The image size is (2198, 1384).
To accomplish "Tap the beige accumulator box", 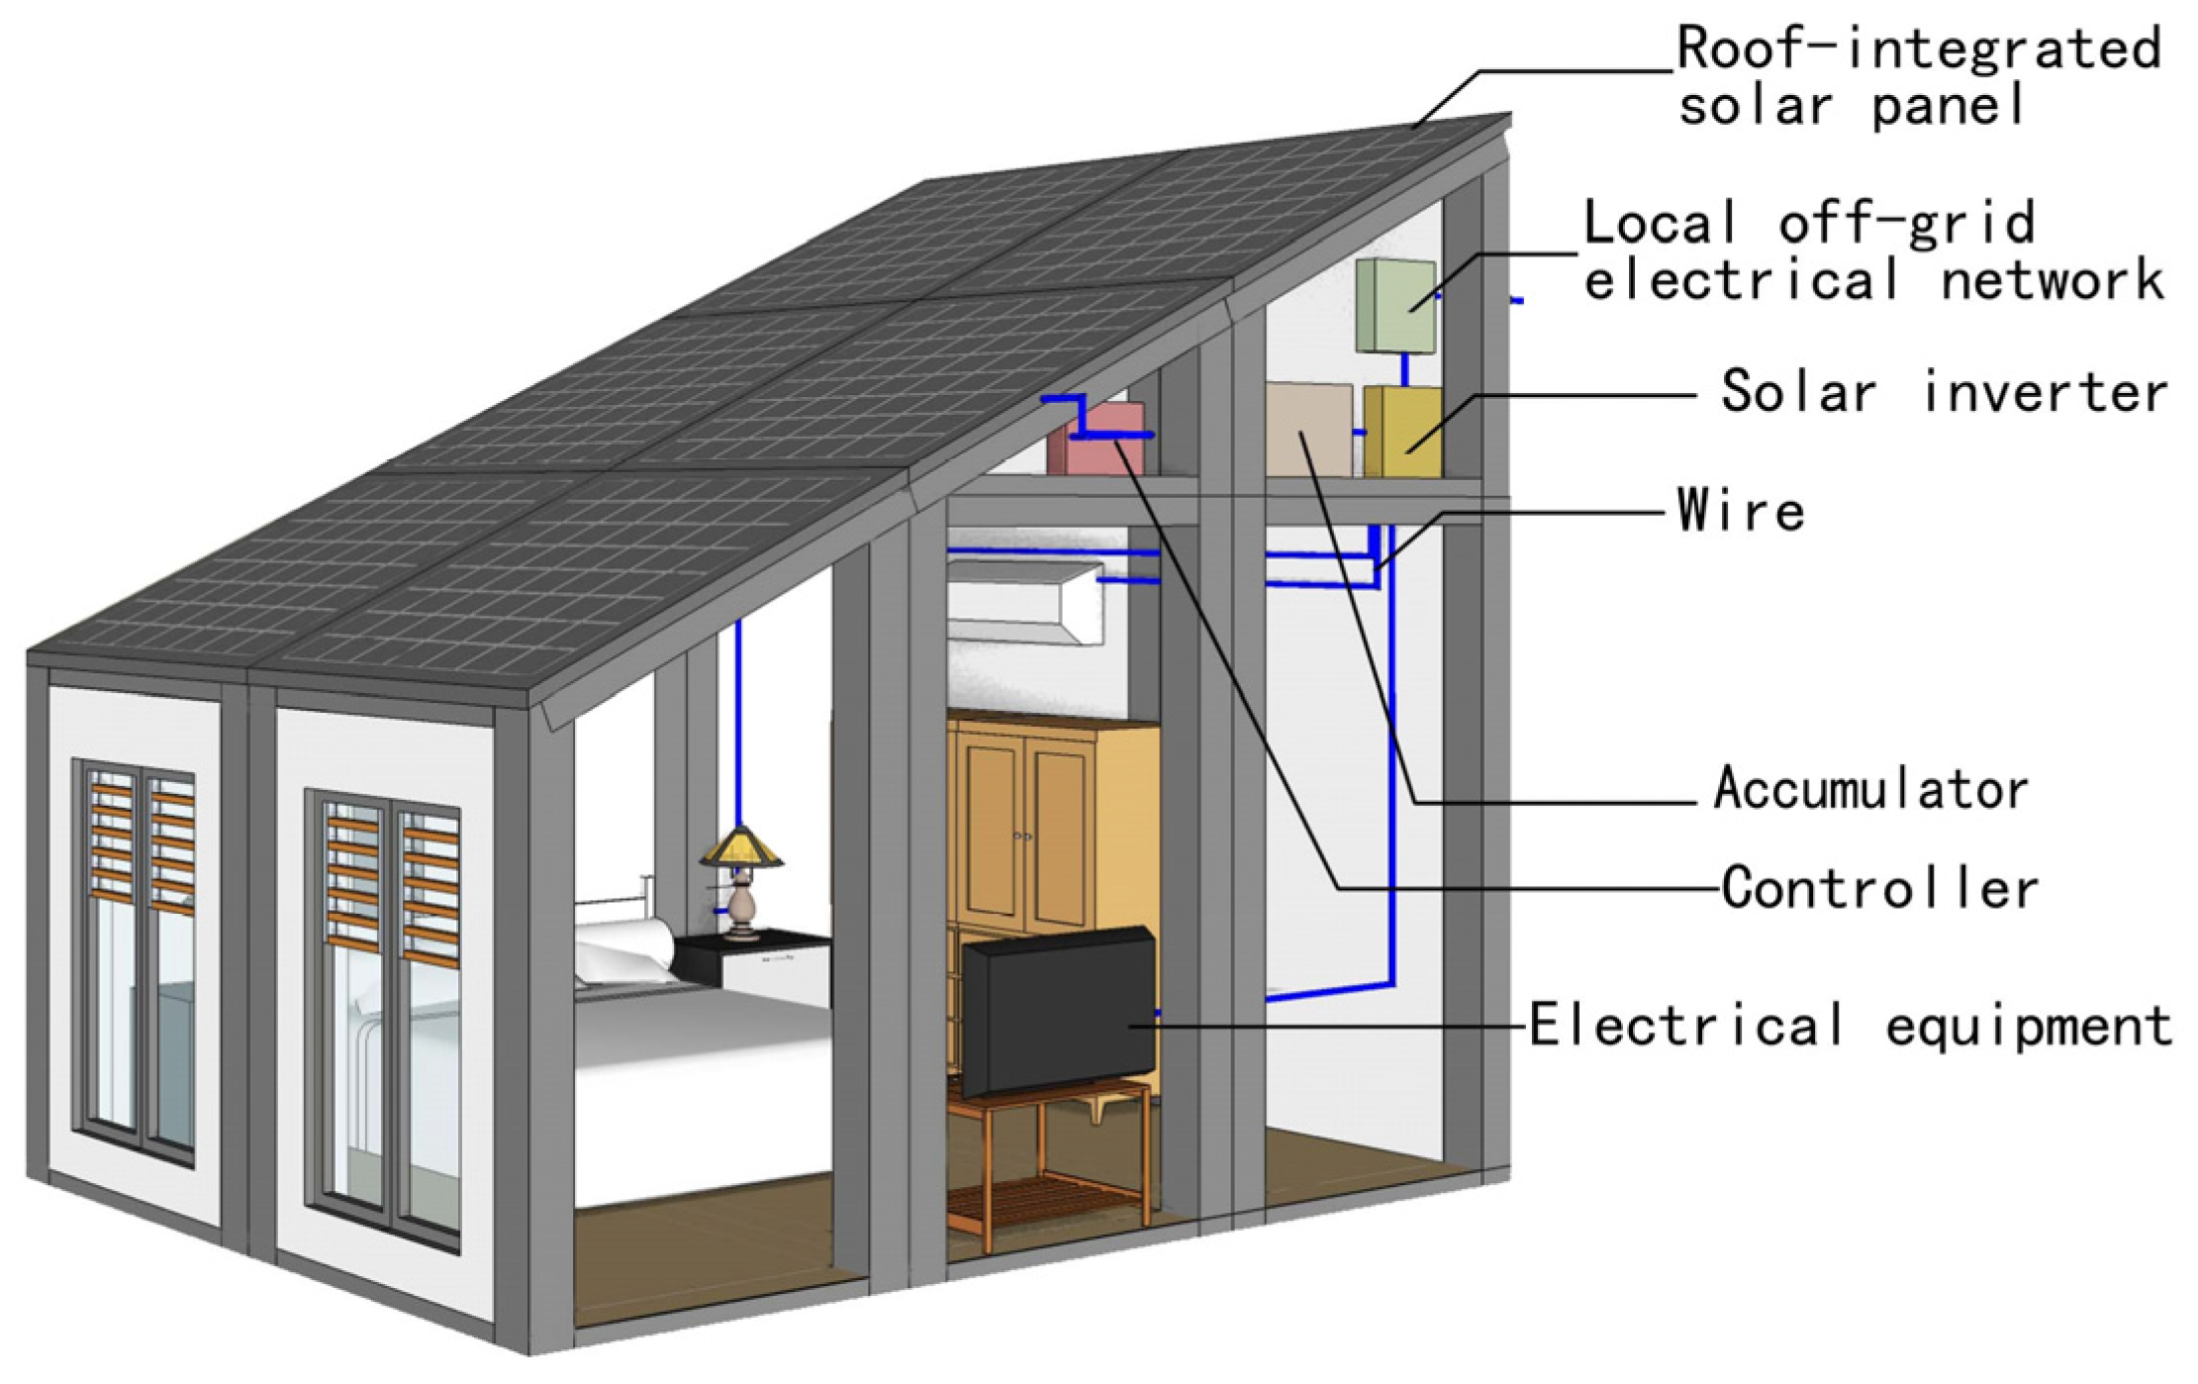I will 1308,430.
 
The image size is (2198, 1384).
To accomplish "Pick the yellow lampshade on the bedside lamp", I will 741,848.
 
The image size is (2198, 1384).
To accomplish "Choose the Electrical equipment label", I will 1850,1025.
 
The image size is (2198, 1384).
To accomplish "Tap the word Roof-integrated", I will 1918,48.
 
